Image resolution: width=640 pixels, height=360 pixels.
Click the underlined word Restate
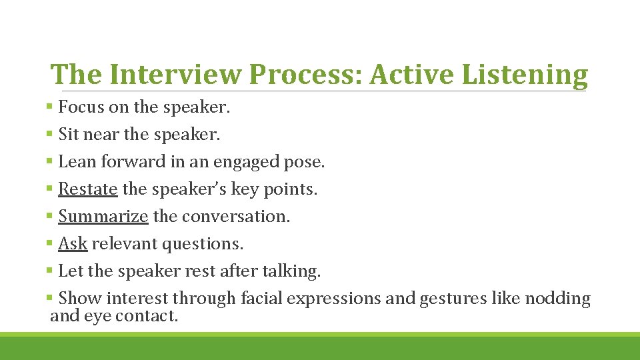88,189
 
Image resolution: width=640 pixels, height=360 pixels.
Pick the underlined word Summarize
103,217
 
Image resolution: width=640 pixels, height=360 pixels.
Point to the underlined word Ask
73,244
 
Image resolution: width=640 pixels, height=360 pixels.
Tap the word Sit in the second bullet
68,135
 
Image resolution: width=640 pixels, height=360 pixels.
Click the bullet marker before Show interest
51,298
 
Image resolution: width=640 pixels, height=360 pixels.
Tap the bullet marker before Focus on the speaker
51,106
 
